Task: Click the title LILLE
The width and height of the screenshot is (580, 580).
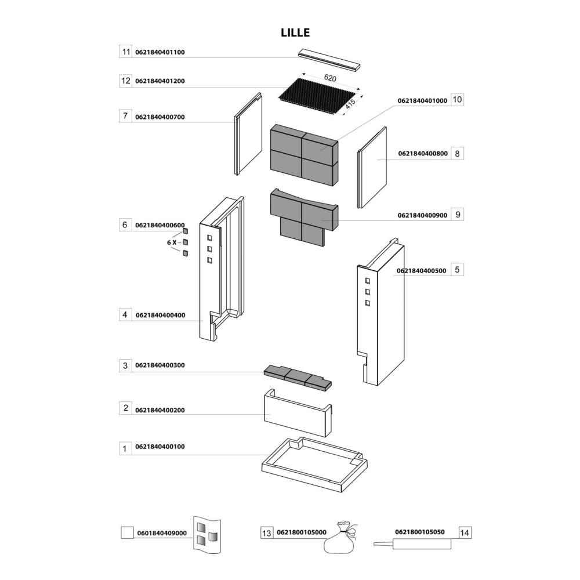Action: [x=296, y=33]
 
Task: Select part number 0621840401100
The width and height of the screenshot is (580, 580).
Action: [x=159, y=52]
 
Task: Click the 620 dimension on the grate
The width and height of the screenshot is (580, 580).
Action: [x=330, y=78]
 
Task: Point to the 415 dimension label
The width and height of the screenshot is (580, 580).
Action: [x=351, y=105]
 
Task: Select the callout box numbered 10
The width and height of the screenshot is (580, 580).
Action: [x=457, y=100]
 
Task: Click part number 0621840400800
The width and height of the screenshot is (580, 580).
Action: [x=422, y=154]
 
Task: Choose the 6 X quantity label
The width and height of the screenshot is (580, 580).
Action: [x=172, y=242]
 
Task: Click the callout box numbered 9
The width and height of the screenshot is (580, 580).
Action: [x=457, y=215]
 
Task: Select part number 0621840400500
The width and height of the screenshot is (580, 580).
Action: [x=421, y=270]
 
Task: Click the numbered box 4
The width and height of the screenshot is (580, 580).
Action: [x=125, y=315]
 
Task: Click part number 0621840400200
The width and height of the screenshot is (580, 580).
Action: [x=159, y=410]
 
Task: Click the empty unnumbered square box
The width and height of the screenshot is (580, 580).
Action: [x=126, y=532]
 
